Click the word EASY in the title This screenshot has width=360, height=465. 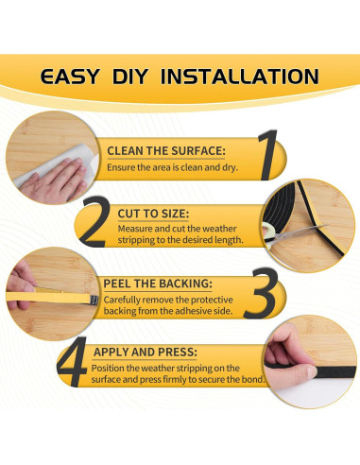tap(70, 77)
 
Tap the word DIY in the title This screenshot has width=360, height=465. tap(130, 77)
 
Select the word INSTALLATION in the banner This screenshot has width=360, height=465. tap(240, 77)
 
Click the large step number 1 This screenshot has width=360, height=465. tap(267, 155)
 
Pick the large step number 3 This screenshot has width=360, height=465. tap(262, 293)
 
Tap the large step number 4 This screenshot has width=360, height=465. tap(72, 362)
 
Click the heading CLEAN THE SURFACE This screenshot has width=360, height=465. tap(166, 151)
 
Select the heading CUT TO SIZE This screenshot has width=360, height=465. tap(153, 214)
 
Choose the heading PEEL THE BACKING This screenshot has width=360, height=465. tap(158, 284)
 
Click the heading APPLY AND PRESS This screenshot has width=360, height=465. tap(146, 352)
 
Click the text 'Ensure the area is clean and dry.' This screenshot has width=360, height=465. tap(172, 167)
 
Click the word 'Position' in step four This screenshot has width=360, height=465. tap(108, 368)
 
